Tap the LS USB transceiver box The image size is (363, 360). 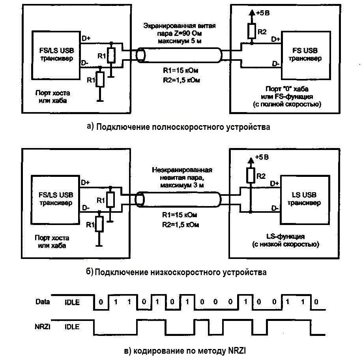tap(304, 199)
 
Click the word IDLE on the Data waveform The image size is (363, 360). tap(72, 302)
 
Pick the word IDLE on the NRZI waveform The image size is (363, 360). tap(72, 327)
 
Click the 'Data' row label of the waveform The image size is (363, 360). tap(42, 302)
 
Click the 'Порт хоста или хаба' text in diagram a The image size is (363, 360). tap(52, 97)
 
